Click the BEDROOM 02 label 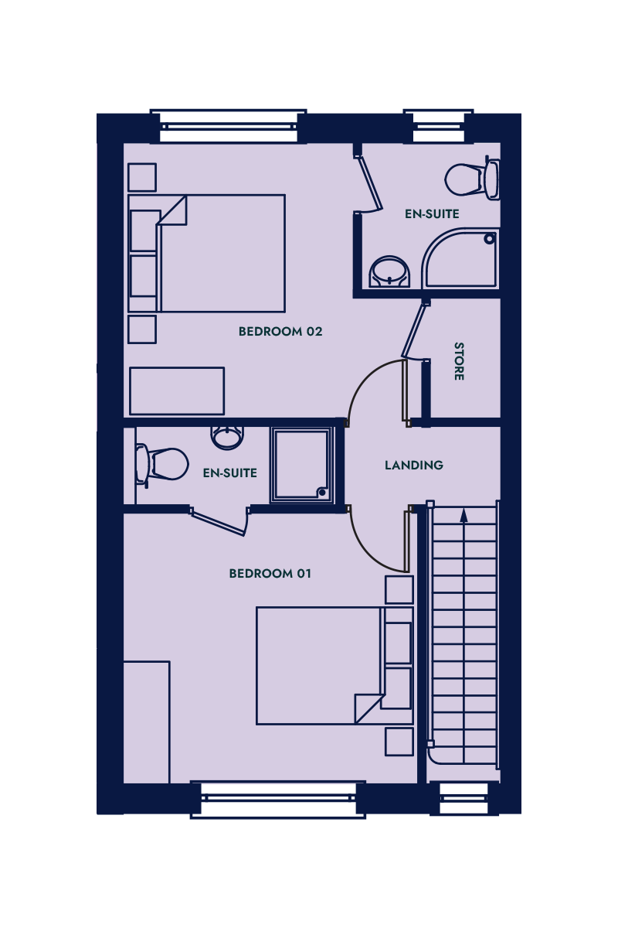pyautogui.click(x=280, y=332)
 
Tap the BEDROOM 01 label pyautogui.click(x=270, y=573)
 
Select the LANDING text pyautogui.click(x=414, y=466)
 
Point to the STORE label pyautogui.click(x=459, y=361)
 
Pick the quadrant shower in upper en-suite pyautogui.click(x=460, y=258)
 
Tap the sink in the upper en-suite pyautogui.click(x=389, y=271)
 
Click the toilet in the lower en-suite pyautogui.click(x=161, y=464)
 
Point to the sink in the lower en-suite pyautogui.click(x=227, y=438)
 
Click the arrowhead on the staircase pyautogui.click(x=463, y=515)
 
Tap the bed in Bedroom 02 pyautogui.click(x=206, y=253)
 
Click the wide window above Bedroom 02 pyautogui.click(x=229, y=126)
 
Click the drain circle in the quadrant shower pyautogui.click(x=490, y=239)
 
